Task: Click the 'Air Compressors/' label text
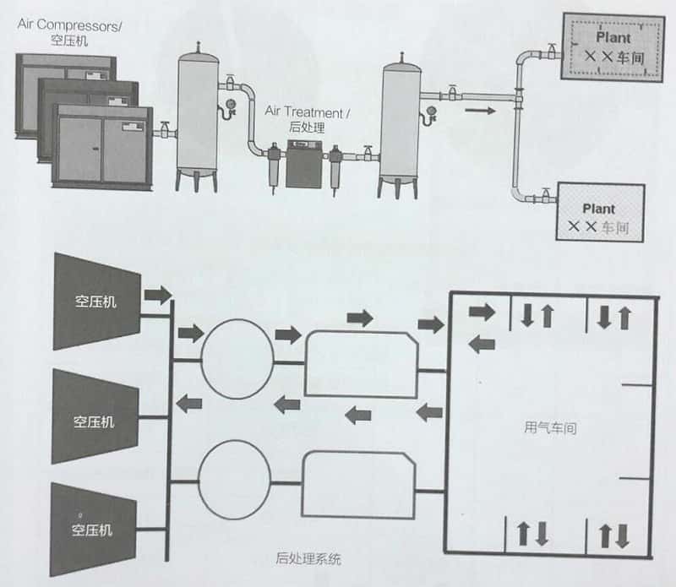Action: [x=70, y=24]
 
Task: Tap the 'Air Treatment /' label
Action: [x=304, y=111]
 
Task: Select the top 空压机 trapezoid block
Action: [x=95, y=300]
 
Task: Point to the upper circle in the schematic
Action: [x=237, y=355]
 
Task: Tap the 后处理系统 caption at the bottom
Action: [x=308, y=558]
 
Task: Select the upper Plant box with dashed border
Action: [x=613, y=52]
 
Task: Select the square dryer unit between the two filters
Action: [x=303, y=164]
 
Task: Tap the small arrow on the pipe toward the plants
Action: [x=477, y=109]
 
